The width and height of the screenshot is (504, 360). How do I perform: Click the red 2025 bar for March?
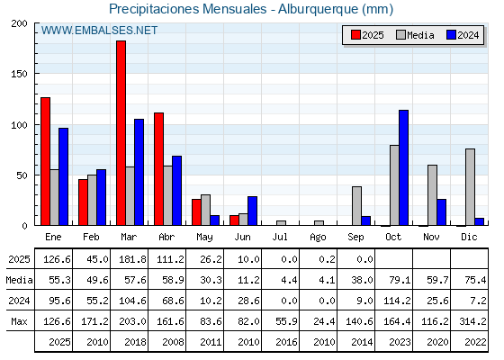(121, 133)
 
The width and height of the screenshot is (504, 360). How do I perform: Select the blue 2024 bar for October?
(404, 167)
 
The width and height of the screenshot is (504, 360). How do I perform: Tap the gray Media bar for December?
(470, 187)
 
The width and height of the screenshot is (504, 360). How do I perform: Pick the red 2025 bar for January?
(46, 161)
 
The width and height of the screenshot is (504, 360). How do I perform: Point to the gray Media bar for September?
(356, 206)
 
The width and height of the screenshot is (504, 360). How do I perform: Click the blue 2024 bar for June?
(252, 211)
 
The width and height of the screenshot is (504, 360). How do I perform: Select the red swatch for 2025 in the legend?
(355, 35)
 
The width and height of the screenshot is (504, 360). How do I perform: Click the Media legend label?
(420, 35)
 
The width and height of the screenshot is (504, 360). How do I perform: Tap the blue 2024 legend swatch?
(451, 35)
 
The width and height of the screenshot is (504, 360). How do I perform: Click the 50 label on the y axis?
(22, 175)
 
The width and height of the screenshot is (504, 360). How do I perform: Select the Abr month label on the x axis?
(166, 238)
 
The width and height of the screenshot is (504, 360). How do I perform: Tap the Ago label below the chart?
(318, 238)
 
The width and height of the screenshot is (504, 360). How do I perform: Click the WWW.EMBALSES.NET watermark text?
(99, 31)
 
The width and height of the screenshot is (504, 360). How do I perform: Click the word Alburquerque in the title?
(318, 9)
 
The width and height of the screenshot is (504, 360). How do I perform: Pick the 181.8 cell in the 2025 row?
(133, 259)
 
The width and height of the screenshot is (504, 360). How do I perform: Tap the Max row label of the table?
(19, 321)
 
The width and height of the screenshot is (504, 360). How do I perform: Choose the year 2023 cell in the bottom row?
(400, 342)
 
